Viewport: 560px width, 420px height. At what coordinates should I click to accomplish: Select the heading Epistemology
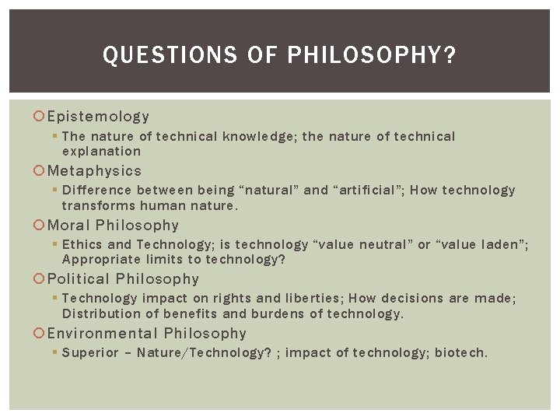coord(98,117)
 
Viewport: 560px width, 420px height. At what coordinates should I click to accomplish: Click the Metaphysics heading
coord(94,170)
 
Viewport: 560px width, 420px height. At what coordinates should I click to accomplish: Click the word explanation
coord(101,152)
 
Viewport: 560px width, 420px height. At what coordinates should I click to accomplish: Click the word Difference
coord(97,190)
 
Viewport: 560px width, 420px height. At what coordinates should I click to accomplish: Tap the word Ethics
coord(82,244)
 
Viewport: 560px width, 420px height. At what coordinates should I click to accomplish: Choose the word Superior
coord(91,352)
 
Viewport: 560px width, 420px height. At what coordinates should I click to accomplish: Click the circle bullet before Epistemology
coord(40,117)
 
